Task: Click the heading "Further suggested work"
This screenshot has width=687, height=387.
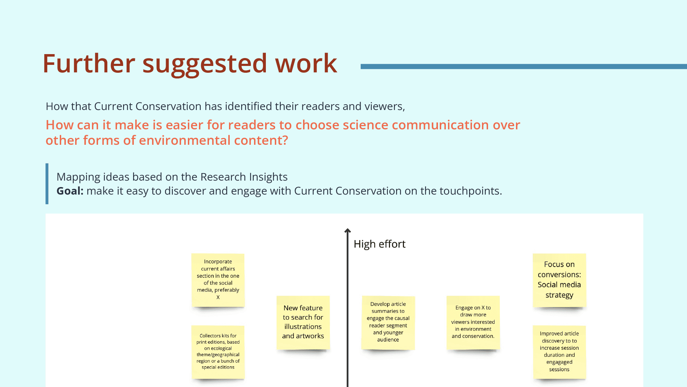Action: click(x=190, y=64)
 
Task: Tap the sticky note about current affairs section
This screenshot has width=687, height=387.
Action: click(x=218, y=280)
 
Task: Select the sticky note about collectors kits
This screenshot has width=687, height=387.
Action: click(x=218, y=352)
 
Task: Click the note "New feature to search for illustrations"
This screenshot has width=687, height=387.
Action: click(x=303, y=322)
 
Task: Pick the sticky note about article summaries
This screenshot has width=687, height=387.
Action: click(x=388, y=322)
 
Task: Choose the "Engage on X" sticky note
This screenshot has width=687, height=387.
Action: click(x=473, y=322)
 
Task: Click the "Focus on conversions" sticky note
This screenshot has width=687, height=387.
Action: click(x=559, y=280)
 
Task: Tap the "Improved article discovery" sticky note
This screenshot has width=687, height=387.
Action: click(x=559, y=352)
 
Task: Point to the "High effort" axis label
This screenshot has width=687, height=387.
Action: click(x=380, y=244)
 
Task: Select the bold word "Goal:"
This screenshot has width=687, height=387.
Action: click(x=70, y=191)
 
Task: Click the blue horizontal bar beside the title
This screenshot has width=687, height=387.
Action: click(x=524, y=66)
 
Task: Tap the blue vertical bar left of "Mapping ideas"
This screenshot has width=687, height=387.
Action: click(x=47, y=184)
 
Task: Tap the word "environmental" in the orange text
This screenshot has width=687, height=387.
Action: click(x=185, y=140)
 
